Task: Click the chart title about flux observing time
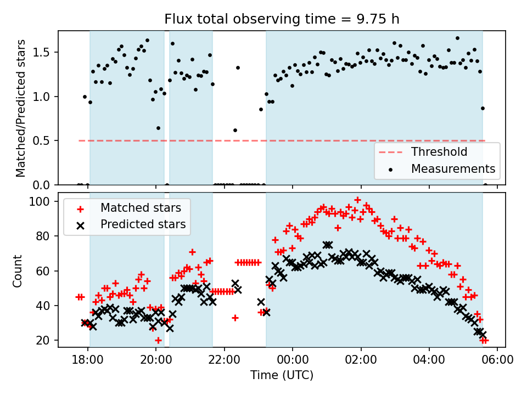pyautogui.click(x=282, y=19)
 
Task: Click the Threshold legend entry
pyautogui.click(x=439, y=152)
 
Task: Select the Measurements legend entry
pyautogui.click(x=453, y=168)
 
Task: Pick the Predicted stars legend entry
pyautogui.click(x=143, y=224)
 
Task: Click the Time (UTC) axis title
pyautogui.click(x=282, y=376)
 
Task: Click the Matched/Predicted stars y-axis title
pyautogui.click(x=20, y=108)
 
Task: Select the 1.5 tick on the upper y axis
pyautogui.click(x=43, y=53)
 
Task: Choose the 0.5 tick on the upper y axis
pyautogui.click(x=43, y=141)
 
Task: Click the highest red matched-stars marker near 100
pyautogui.click(x=357, y=200)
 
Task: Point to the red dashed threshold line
pyautogui.click(x=220, y=141)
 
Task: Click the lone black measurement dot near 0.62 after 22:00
pyautogui.click(x=235, y=130)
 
